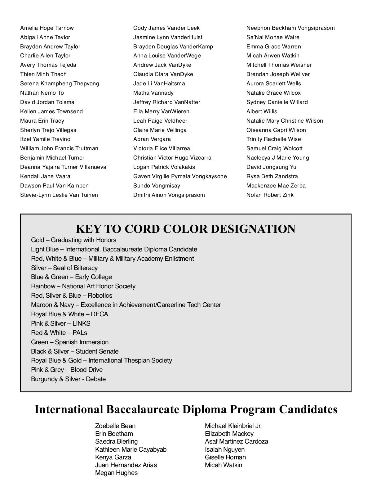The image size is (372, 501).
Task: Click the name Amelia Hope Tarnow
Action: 47,28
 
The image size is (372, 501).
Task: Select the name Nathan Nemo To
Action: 42,93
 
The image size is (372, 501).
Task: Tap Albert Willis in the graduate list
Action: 262,111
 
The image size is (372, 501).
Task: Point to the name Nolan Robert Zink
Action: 270,195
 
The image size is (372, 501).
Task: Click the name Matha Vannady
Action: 153,93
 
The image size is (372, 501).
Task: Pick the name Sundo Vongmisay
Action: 157,186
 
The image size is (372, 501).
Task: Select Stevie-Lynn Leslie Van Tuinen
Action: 59,195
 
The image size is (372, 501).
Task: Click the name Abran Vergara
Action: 152,139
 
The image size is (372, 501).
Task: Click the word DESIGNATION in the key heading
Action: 253,229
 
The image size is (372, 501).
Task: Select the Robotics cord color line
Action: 72,296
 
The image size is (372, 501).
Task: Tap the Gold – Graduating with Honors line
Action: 73,240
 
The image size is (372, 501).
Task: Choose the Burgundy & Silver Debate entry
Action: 68,379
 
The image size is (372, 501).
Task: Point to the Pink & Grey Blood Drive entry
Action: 67,370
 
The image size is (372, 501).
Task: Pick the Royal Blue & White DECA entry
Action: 69,314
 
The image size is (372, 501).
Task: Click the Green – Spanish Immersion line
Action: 70,342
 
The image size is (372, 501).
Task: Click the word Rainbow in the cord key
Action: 43,286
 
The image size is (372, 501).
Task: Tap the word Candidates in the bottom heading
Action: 308,409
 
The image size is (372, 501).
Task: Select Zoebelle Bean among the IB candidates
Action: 115,426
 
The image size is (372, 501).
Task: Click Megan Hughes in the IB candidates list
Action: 116,473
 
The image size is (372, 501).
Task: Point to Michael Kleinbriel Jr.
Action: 233,426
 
